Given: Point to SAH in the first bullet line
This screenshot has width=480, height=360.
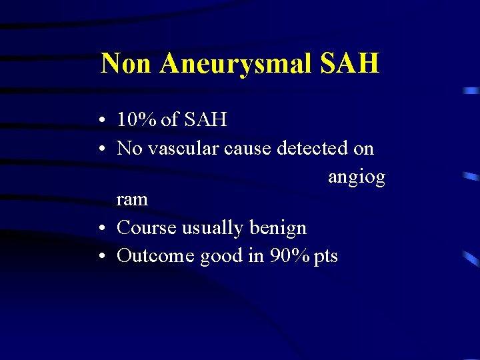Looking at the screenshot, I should tap(205, 120).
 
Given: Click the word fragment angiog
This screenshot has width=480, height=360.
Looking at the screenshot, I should tap(356, 178).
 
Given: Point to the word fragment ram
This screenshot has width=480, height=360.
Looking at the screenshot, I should tap(132, 199).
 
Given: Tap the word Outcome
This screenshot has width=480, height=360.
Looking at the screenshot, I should tap(157, 255).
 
